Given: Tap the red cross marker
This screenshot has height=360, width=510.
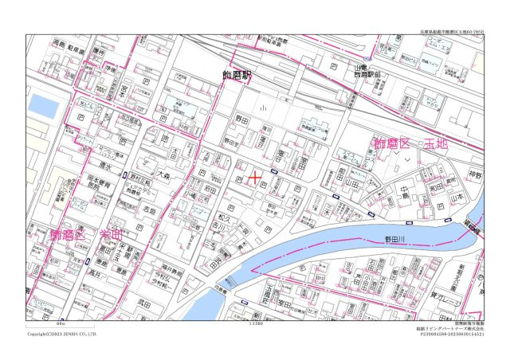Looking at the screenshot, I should point(254,178).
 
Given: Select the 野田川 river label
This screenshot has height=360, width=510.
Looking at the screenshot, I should point(396,237).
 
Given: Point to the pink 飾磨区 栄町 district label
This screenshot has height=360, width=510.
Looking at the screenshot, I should point(87,235).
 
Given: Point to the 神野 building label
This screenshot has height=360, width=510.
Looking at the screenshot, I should point(476,174).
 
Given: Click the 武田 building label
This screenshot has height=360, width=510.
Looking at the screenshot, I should point(143,303).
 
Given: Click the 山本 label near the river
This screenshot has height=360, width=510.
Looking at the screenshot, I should point(457,195).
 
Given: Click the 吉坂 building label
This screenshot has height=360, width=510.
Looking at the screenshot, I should point(149,210).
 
